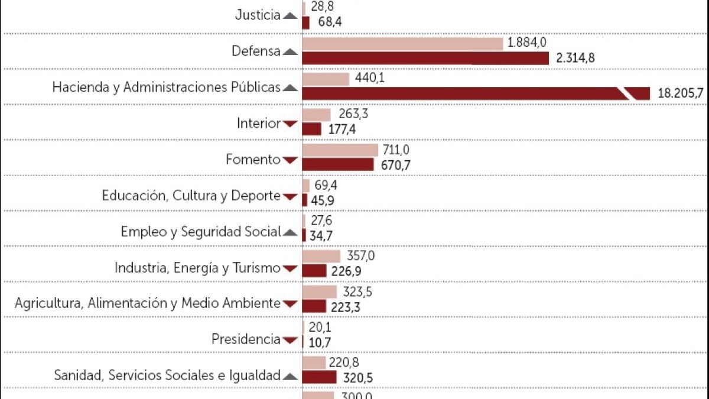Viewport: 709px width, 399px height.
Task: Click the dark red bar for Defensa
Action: pyautogui.click(x=425, y=58)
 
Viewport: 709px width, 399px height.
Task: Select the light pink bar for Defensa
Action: pyautogui.click(x=402, y=44)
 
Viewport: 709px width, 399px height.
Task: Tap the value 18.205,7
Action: pyautogui.click(x=679, y=93)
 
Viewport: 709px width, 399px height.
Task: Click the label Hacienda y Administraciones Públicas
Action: pyautogui.click(x=166, y=87)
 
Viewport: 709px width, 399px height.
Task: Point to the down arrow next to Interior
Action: pyautogui.click(x=290, y=124)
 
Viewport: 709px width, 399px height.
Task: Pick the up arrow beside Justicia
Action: pyautogui.click(x=290, y=16)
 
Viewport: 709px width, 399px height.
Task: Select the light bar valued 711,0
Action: pyautogui.click(x=340, y=150)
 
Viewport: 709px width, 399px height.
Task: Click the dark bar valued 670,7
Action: pyautogui.click(x=338, y=164)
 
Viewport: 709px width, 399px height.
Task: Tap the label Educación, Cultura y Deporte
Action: pyautogui.click(x=191, y=196)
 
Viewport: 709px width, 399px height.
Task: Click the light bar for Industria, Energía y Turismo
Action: pyautogui.click(x=321, y=257)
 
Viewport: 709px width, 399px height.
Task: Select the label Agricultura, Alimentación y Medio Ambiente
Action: pyautogui.click(x=147, y=303)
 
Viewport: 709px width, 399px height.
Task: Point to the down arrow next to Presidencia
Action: pyautogui.click(x=290, y=340)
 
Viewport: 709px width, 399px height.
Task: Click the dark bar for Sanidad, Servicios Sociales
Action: pyautogui.click(x=319, y=377)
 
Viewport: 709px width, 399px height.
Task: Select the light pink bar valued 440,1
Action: pyautogui.click(x=326, y=79)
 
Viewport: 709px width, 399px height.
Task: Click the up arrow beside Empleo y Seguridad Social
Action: pyautogui.click(x=290, y=232)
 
